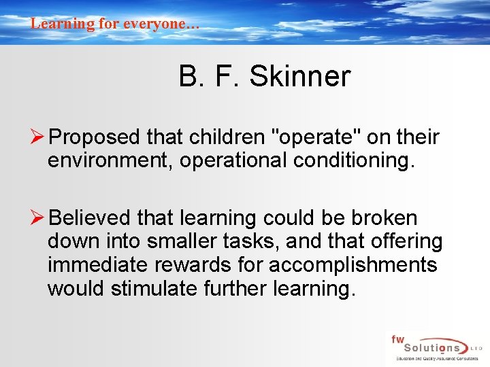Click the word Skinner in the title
pos(299,77)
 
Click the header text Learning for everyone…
pos(115,24)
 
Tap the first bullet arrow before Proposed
pos(39,137)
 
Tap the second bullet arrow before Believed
pos(39,217)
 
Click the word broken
pos(385,218)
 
